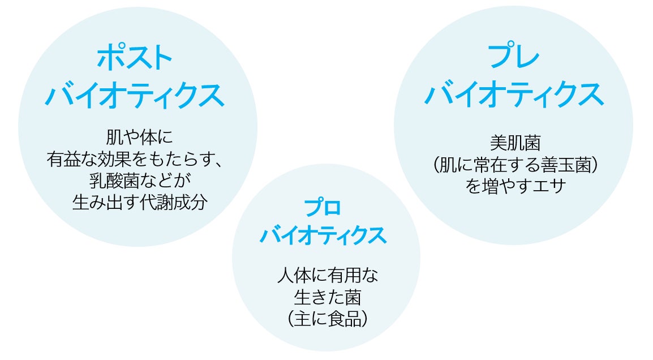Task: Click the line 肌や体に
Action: pyautogui.click(x=138, y=137)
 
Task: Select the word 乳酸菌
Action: pyautogui.click(x=110, y=181)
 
